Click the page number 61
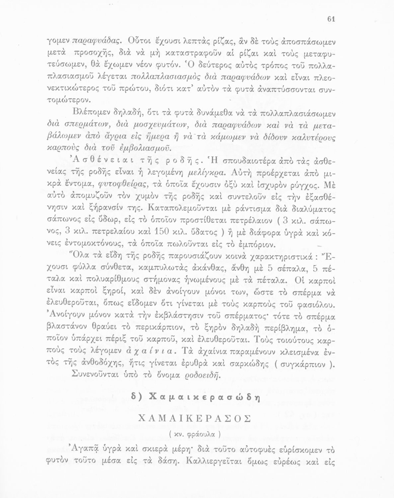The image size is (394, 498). [331, 19]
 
